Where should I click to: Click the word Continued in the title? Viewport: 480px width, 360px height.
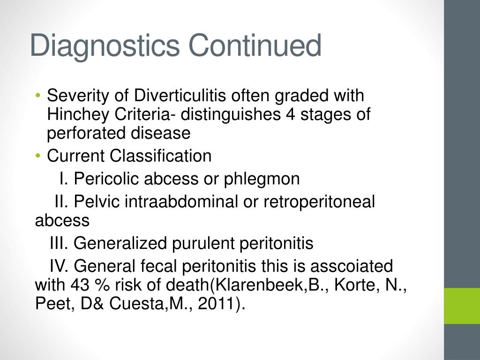[255, 45]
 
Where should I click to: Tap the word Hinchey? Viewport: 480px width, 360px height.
[75, 114]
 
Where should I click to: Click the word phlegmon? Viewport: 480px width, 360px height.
[262, 179]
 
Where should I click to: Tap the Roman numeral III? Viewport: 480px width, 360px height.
[60, 243]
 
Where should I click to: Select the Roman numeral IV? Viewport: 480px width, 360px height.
[60, 266]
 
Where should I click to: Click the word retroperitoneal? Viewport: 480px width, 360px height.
[320, 202]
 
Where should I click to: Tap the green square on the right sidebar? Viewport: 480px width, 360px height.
[462, 306]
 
